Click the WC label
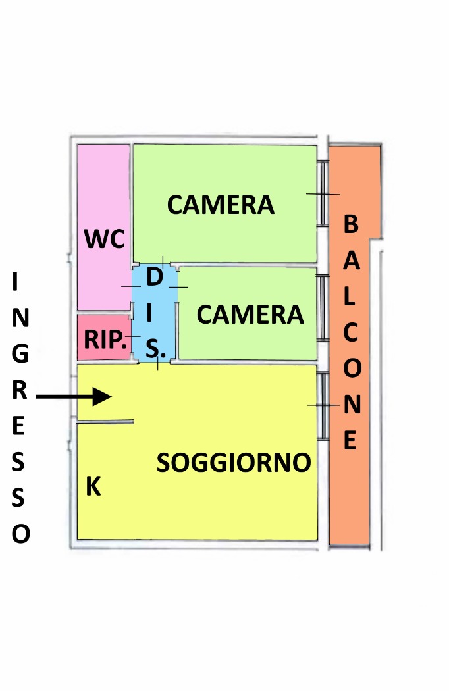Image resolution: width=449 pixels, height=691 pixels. point(105,239)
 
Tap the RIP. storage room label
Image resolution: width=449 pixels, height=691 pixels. point(105,339)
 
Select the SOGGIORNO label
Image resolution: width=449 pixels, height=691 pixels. point(234,462)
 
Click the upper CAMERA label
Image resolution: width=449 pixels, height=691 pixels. point(221,205)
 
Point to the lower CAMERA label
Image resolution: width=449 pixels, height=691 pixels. point(250,315)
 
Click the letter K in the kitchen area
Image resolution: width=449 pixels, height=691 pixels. point(93,486)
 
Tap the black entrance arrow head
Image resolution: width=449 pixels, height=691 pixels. point(102,397)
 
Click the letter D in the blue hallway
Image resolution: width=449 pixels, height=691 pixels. point(154,277)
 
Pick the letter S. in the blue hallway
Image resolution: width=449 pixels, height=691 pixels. point(155,348)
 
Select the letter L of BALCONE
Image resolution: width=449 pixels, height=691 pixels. point(349,297)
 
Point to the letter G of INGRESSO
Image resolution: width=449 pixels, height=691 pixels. point(20,354)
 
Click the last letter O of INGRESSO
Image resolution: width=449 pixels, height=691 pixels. point(20,534)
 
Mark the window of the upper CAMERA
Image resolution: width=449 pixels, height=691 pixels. point(323,193)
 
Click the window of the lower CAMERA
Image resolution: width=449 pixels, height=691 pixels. point(323,308)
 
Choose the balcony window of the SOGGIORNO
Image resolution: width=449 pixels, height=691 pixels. point(323,406)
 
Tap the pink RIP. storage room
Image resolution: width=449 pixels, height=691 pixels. point(104,337)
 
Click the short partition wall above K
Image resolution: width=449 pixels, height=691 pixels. point(105,422)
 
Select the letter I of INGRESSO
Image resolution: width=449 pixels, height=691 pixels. point(15,282)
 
